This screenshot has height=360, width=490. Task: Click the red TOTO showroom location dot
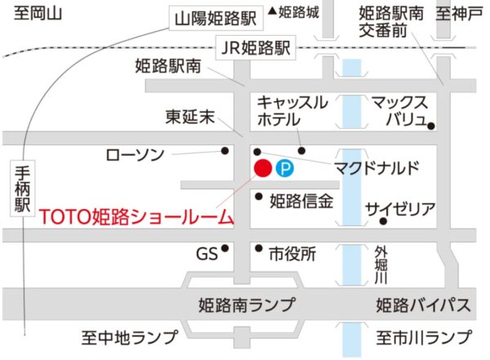(263, 168)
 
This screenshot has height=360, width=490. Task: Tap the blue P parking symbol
(285, 169)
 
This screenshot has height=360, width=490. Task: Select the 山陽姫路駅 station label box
(214, 16)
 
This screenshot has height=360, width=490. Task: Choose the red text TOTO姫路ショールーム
(136, 217)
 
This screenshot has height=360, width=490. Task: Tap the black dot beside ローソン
(226, 150)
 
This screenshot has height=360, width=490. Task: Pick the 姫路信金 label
(301, 200)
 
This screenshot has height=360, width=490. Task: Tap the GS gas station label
(207, 254)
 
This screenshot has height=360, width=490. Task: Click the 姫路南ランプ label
(247, 305)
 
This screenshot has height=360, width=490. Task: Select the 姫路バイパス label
(422, 305)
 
